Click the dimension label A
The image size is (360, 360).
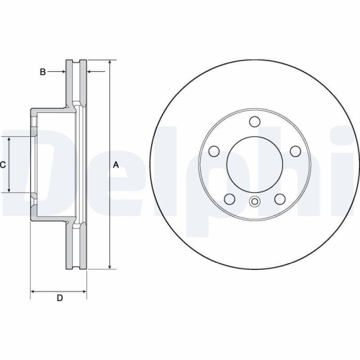pyautogui.click(x=115, y=165)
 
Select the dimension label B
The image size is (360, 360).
pyautogui.click(x=42, y=71)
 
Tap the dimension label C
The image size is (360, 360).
pyautogui.click(x=3, y=165)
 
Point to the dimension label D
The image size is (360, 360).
pyautogui.click(x=60, y=297)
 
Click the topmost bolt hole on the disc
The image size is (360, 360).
pyautogui.click(x=255, y=122)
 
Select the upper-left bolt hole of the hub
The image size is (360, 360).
pyautogui.click(x=214, y=151)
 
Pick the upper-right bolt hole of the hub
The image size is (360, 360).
pyautogui.click(x=296, y=151)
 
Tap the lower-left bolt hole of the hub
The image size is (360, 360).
pyautogui.click(x=230, y=199)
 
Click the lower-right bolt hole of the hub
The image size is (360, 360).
pyautogui.click(x=280, y=199)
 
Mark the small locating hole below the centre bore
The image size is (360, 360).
pyautogui.click(x=255, y=202)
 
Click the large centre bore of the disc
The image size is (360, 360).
pyautogui.click(x=255, y=165)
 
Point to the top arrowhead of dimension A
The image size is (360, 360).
pyautogui.click(x=109, y=64)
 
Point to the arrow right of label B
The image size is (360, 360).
pyautogui.click(x=60, y=71)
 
